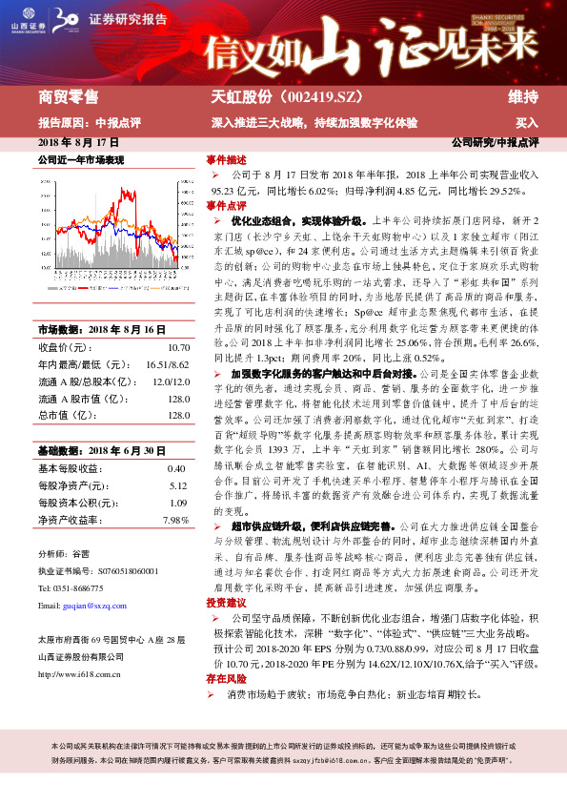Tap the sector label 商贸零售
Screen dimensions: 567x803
(68, 96)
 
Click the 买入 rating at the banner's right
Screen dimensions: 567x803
(527, 123)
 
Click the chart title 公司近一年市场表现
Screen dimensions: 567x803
(80, 159)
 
